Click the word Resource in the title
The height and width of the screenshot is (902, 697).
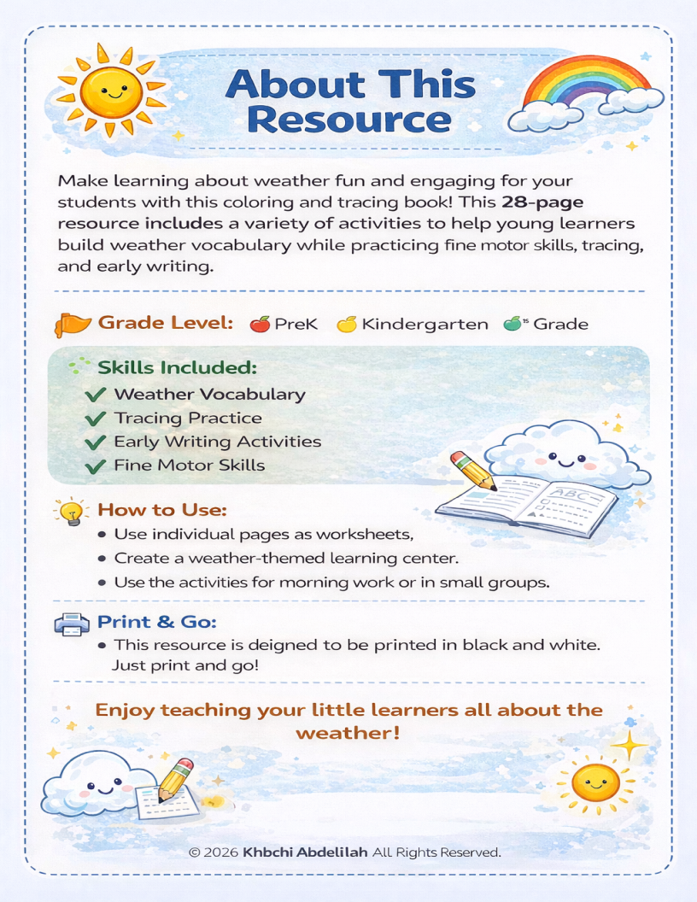click(x=348, y=119)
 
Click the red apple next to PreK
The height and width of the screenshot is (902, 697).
click(x=260, y=324)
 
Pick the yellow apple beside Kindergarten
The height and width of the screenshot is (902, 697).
click(x=346, y=324)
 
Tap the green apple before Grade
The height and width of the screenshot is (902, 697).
click(x=512, y=324)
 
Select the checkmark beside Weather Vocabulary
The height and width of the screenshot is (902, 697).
click(x=97, y=395)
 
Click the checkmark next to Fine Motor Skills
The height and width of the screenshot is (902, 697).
click(x=97, y=466)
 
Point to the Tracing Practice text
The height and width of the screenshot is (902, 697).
click(x=188, y=419)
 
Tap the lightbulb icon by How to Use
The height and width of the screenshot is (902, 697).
click(x=72, y=511)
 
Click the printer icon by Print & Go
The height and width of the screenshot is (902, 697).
click(x=72, y=624)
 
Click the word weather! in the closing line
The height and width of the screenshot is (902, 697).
click(x=348, y=733)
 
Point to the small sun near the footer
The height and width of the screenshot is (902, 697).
click(x=595, y=781)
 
